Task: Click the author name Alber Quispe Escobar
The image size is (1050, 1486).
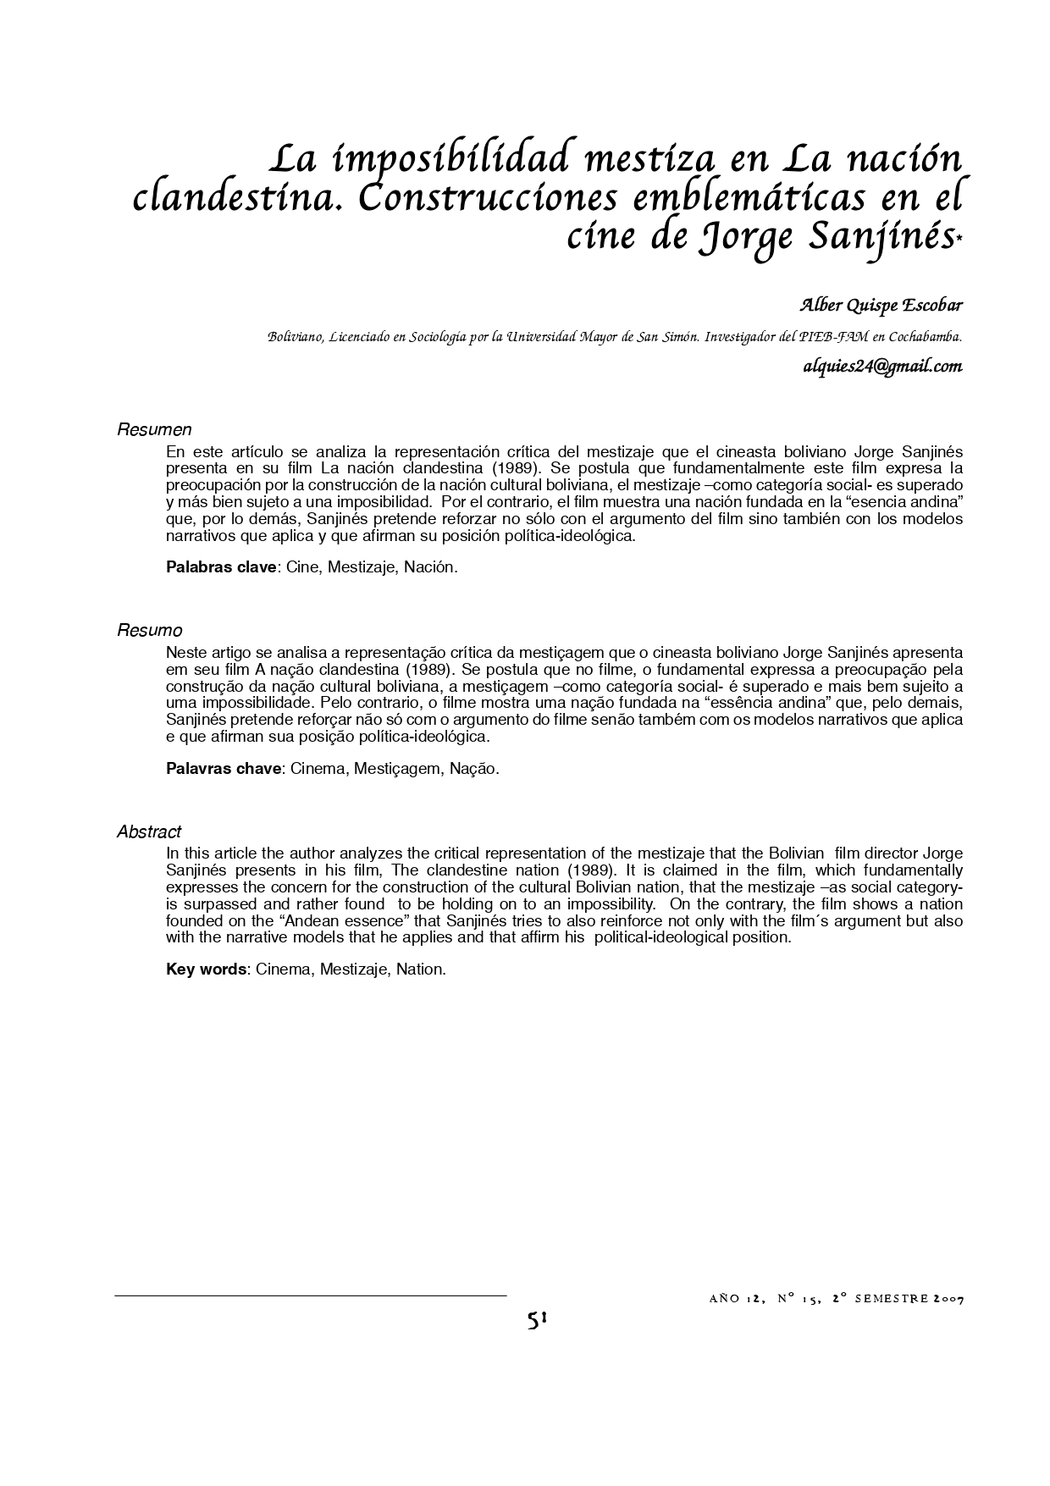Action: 881,305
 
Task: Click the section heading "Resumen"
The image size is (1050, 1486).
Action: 154,430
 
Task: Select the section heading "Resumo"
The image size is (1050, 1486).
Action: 150,631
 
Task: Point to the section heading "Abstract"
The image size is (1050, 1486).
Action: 149,832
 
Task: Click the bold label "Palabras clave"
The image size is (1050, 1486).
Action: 221,567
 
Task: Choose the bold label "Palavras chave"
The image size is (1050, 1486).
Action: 223,769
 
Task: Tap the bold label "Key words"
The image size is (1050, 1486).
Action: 206,969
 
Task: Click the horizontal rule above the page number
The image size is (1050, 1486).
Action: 310,1295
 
